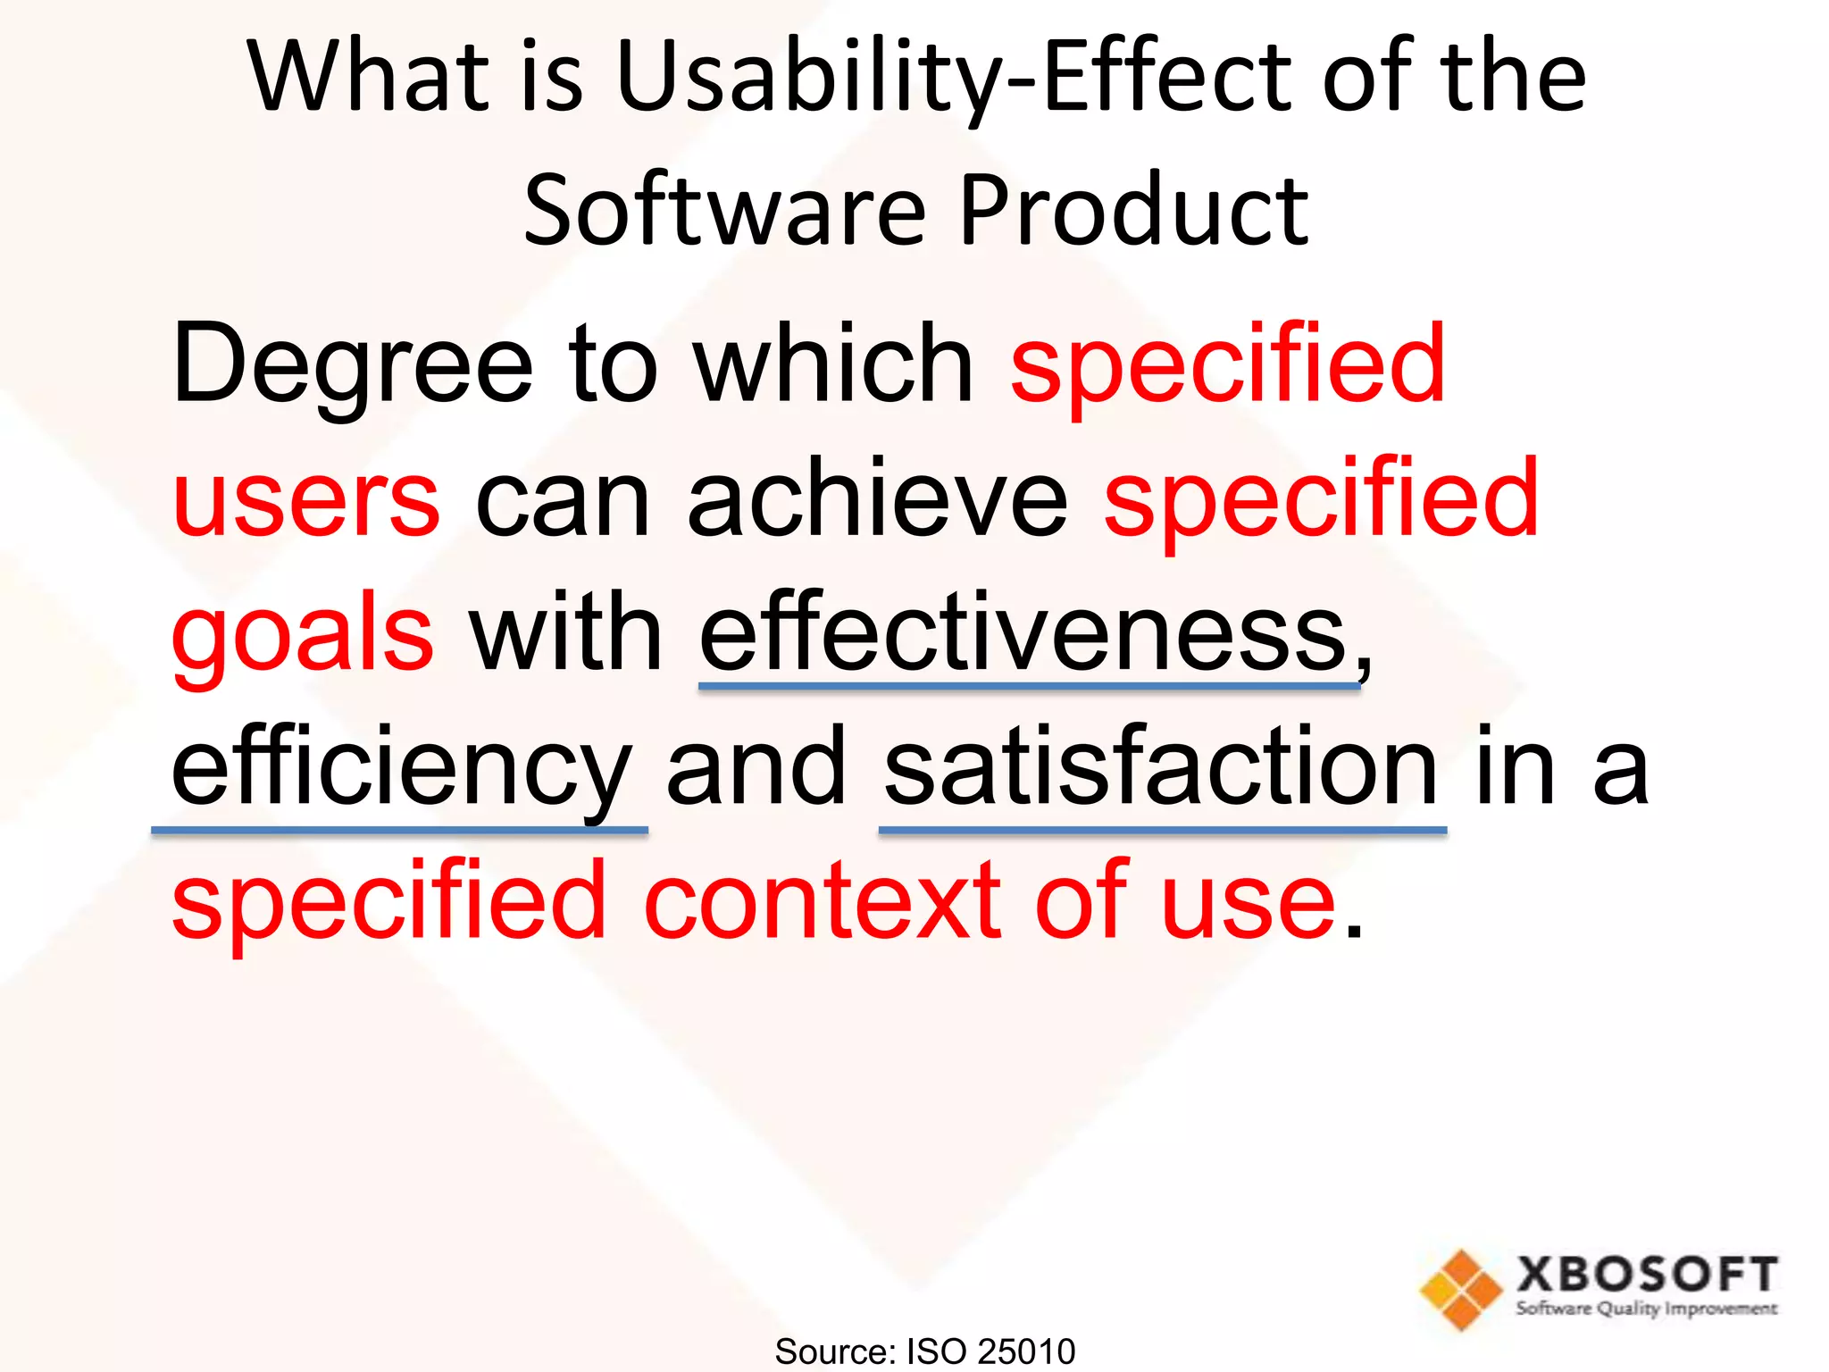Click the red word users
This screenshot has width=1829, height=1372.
306,501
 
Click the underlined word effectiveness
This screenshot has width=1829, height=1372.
1023,633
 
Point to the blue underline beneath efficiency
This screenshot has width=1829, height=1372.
399,831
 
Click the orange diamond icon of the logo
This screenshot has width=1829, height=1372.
1461,1290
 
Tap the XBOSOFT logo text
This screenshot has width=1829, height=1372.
1646,1274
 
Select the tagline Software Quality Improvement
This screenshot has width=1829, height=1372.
1646,1309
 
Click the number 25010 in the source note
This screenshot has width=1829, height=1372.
1026,1351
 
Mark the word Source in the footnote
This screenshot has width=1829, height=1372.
831,1351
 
